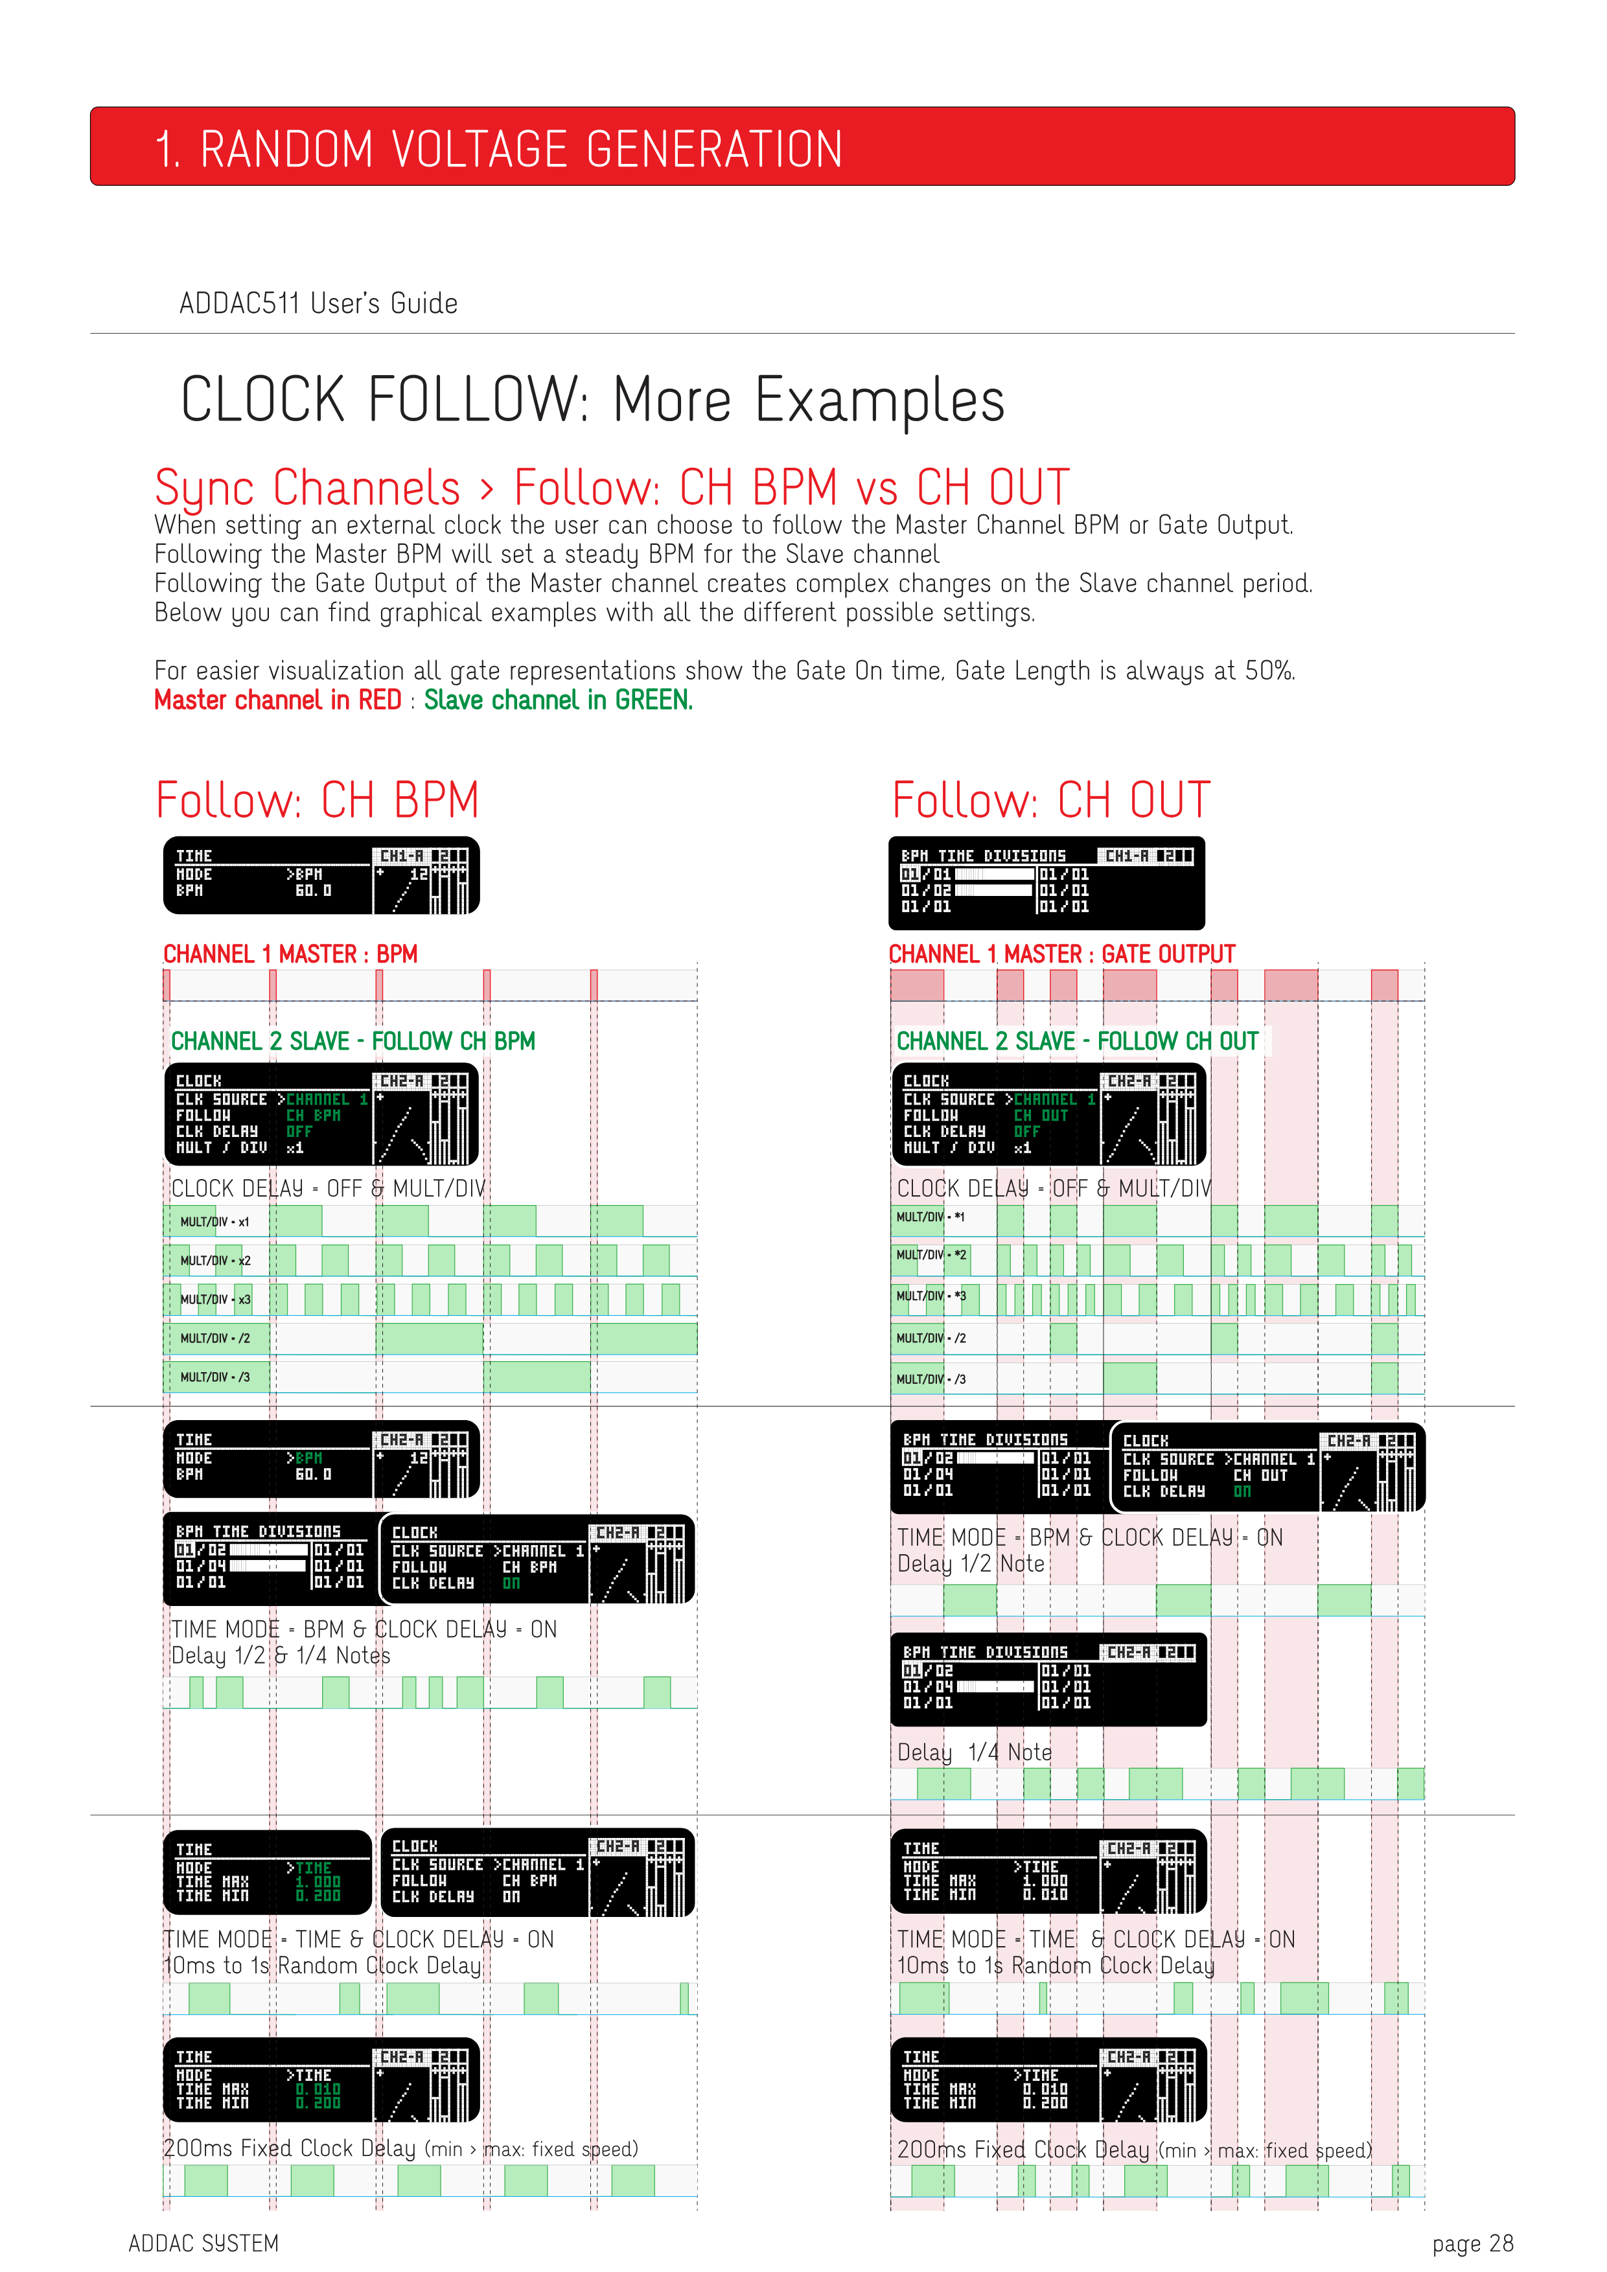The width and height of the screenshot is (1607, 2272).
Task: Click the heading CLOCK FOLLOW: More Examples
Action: pos(592,400)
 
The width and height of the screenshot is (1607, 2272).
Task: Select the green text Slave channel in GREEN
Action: pos(558,700)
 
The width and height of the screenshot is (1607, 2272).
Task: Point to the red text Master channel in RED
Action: pos(277,700)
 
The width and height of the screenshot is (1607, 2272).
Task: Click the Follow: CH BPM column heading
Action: pos(317,799)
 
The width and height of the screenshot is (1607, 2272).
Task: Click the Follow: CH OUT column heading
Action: pos(1051,799)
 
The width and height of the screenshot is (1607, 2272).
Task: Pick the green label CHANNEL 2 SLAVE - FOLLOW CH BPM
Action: pos(353,1041)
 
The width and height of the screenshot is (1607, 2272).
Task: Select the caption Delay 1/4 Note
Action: pos(974,1752)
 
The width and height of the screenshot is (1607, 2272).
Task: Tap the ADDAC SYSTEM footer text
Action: pos(204,2243)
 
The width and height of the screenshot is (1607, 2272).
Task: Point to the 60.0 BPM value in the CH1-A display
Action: pos(314,891)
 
